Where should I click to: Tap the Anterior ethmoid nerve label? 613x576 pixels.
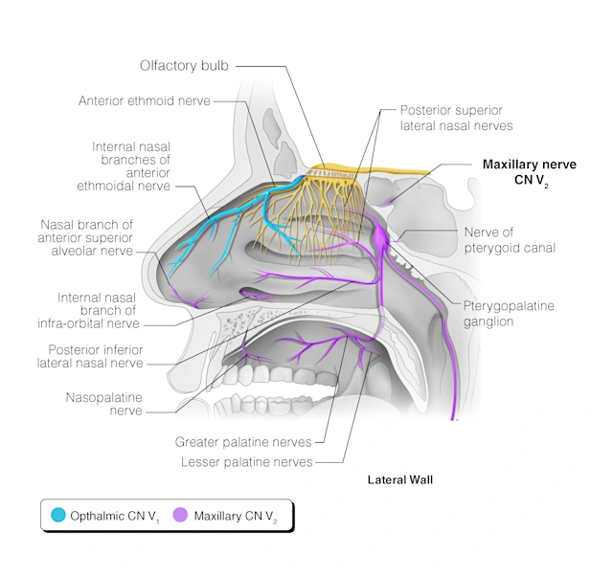(x=144, y=100)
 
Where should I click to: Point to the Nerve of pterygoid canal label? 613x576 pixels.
(x=509, y=240)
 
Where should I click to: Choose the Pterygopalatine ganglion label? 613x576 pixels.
(x=509, y=314)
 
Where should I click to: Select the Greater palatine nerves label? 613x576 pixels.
(x=243, y=442)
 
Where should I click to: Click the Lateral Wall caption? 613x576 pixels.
(x=400, y=478)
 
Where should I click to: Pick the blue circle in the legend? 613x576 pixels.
(x=58, y=517)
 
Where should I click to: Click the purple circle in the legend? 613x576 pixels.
(x=179, y=517)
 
